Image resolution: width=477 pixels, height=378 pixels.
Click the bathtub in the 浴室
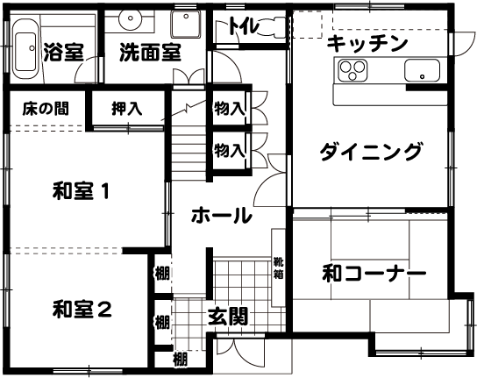tap(25, 49)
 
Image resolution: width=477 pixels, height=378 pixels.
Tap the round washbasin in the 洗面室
tap(130, 18)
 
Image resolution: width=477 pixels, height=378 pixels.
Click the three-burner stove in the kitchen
tap(352, 70)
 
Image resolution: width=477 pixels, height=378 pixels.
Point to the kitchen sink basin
tap(422, 71)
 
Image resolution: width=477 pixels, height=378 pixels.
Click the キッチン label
tap(367, 44)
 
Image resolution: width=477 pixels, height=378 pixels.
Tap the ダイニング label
tap(371, 151)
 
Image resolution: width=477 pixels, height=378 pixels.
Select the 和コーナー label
tap(374, 274)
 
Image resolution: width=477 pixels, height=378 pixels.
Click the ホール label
tap(222, 215)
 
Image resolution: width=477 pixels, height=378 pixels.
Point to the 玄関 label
tap(228, 317)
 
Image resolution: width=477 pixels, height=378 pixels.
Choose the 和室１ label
tap(81, 191)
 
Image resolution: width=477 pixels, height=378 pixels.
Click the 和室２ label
tap(82, 309)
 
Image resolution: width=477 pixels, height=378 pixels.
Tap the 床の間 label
tap(46, 109)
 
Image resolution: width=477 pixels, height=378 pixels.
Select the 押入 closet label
tap(127, 109)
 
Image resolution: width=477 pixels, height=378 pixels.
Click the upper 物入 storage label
tap(230, 109)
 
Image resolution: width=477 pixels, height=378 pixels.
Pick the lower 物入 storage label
tap(230, 151)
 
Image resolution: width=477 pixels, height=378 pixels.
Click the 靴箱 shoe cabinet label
tap(278, 267)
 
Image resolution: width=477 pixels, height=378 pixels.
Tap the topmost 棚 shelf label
tap(162, 273)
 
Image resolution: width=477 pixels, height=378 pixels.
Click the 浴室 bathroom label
tap(64, 52)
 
